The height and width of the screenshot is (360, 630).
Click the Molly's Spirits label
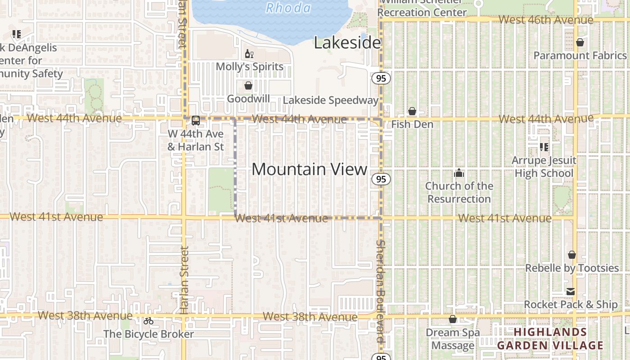(x=249, y=67)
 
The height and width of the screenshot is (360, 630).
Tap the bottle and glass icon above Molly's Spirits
(x=249, y=54)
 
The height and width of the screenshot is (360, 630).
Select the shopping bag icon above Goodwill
(x=248, y=85)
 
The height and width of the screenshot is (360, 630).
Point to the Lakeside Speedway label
(x=330, y=100)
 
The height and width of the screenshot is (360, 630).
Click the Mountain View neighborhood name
(x=310, y=169)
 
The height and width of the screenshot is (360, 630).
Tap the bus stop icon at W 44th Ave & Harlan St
(x=196, y=121)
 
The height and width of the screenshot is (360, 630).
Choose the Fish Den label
(x=412, y=124)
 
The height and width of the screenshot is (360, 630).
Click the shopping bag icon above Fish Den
(x=412, y=111)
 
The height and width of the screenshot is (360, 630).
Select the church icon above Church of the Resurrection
(x=459, y=173)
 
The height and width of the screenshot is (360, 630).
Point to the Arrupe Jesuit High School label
(x=544, y=167)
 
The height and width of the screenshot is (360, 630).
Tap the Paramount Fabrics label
(x=580, y=55)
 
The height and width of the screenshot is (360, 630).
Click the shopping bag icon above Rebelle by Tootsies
(x=571, y=255)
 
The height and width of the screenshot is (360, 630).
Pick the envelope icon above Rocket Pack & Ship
(x=571, y=292)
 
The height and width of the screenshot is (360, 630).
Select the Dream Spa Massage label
(x=453, y=339)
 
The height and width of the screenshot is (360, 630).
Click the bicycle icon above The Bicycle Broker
(x=148, y=321)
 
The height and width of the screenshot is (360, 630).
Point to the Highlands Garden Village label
(x=550, y=339)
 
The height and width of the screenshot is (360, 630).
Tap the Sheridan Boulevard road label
(x=381, y=292)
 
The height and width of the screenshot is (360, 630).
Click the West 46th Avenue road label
(x=546, y=20)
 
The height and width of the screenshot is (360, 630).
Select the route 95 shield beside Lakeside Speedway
(x=381, y=79)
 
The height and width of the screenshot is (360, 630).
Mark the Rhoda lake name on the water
(x=288, y=8)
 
